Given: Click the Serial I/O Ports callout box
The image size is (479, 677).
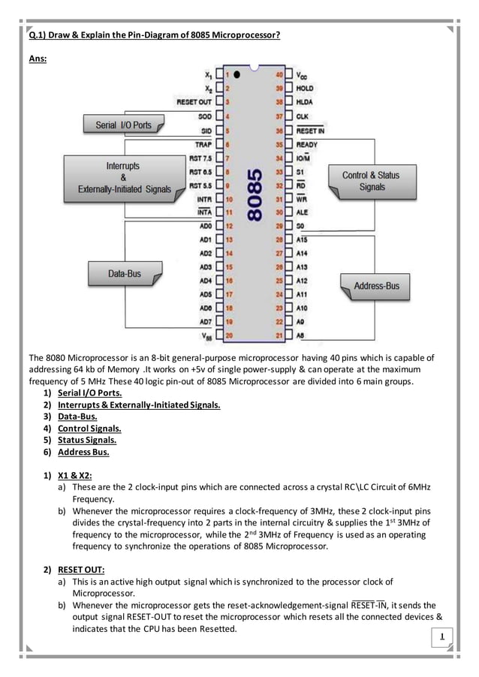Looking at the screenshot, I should [123, 125].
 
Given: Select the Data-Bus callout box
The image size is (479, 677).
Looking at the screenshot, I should [124, 275].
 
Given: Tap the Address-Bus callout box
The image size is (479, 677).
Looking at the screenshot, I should [376, 286].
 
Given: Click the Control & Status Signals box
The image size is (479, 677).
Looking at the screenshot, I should [371, 181].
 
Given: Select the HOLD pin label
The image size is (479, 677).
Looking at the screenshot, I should [305, 88].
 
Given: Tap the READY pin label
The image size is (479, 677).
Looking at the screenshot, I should [307, 144].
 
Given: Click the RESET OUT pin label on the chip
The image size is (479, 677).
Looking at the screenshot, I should [194, 102].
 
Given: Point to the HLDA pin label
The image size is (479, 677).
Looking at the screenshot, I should [304, 101].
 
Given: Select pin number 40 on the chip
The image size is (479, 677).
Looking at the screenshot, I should [279, 75].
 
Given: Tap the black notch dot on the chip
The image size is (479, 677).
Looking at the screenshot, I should [236, 75].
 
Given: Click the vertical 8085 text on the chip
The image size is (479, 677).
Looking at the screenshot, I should [255, 193].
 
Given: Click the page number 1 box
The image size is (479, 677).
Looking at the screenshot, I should [443, 639].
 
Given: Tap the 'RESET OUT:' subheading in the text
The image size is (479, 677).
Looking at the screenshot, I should [81, 568].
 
